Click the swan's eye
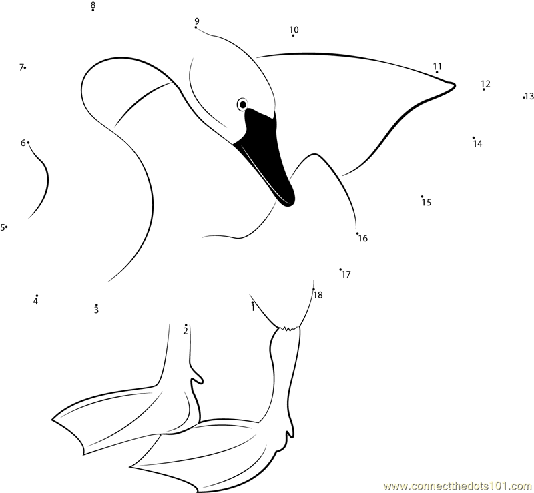(242, 105)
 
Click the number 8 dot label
(93, 5)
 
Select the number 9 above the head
(197, 21)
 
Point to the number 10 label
(294, 29)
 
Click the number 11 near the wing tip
(438, 66)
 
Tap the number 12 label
(486, 84)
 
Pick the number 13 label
(529, 96)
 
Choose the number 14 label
(478, 143)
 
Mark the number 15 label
(427, 203)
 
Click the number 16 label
(363, 238)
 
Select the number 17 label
(346, 274)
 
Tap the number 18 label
(318, 294)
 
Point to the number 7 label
(21, 67)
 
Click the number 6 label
(23, 143)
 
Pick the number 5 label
(3, 227)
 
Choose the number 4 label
(35, 301)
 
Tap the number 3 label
(96, 310)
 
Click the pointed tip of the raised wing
(455, 84)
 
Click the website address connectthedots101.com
(459, 485)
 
